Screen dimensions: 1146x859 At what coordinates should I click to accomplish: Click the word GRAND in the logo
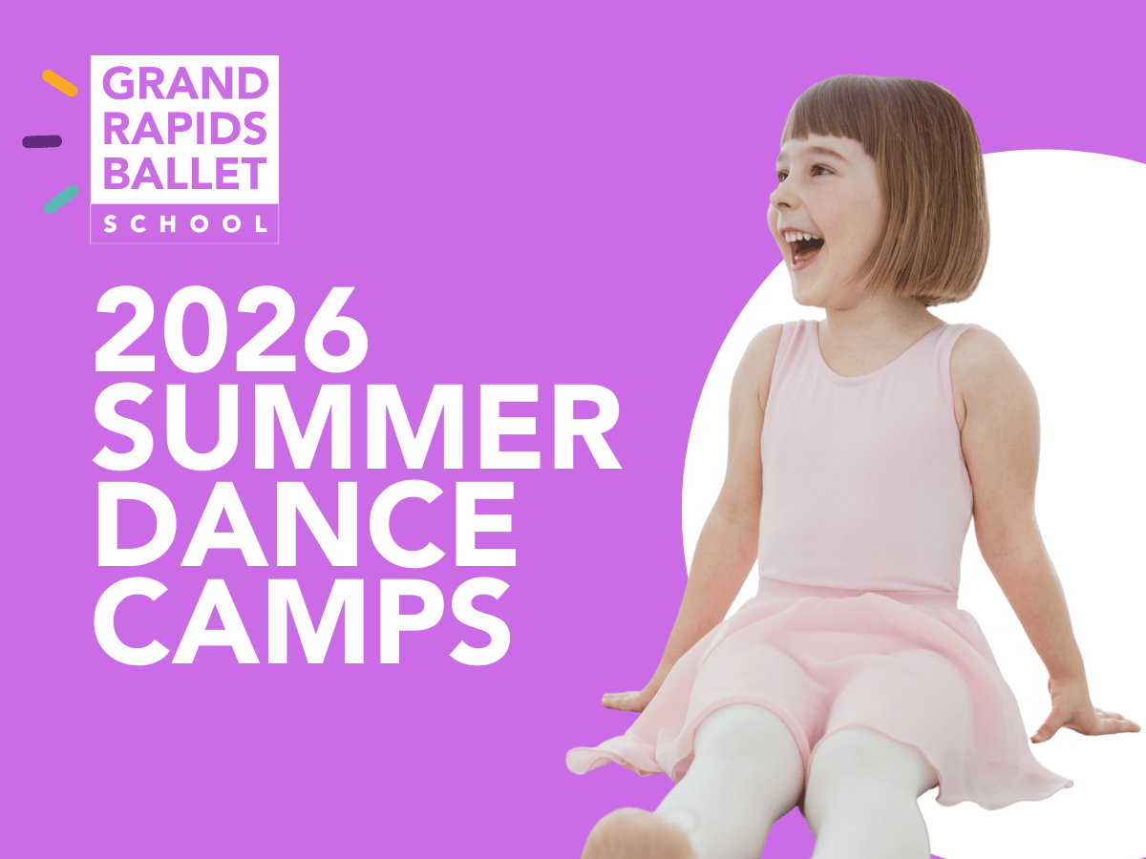185,83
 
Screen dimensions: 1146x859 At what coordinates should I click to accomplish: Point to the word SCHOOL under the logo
185,224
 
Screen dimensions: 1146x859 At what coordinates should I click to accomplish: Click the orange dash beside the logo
59,83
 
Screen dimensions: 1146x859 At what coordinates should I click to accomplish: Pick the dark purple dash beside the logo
42,141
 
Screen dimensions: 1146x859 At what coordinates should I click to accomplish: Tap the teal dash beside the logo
61,199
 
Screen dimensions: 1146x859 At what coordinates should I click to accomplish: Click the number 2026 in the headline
231,329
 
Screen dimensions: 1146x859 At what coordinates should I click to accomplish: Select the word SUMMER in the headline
357,427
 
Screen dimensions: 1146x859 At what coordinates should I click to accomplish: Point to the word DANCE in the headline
306,523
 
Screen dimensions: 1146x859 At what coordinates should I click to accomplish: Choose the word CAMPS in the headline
302,620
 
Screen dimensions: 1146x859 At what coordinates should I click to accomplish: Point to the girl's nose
779,199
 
